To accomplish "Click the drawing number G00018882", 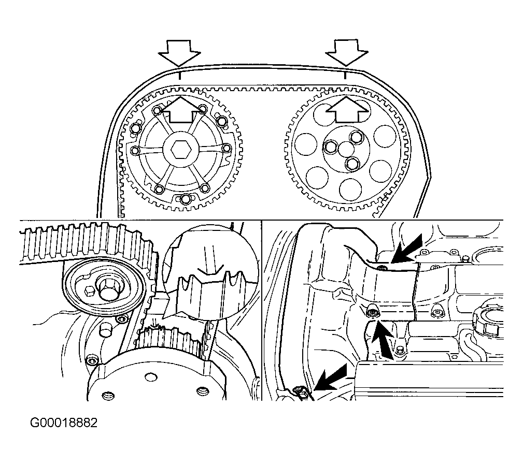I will [63, 423].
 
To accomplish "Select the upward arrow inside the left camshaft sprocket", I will [180, 109].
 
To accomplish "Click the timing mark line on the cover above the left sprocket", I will [179, 75].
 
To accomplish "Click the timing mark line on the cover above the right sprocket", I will [346, 75].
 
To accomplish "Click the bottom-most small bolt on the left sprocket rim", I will [186, 199].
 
